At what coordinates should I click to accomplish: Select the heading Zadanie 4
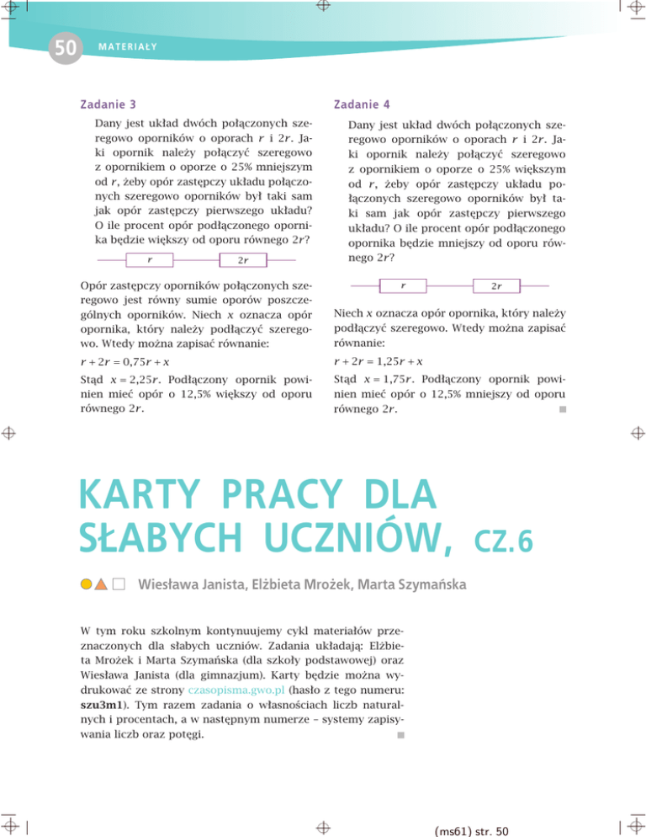click(358, 105)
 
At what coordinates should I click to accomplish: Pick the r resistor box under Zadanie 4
click(403, 286)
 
